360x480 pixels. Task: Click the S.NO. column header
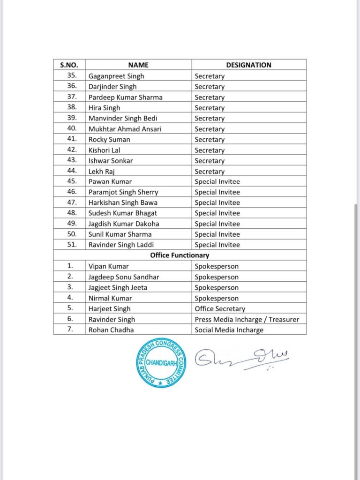click(69, 65)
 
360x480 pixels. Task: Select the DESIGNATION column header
click(248, 65)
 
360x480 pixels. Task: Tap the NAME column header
click(138, 65)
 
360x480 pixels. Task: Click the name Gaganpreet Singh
click(116, 76)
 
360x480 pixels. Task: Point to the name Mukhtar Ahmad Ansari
click(125, 129)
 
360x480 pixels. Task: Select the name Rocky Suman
click(109, 140)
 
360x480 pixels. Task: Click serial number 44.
click(69, 172)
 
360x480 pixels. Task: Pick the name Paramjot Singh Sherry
click(123, 192)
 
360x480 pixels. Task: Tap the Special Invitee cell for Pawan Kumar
click(217, 181)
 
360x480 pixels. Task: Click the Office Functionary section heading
click(180, 255)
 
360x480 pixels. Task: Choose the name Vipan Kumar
click(108, 266)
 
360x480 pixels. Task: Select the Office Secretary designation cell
click(220, 309)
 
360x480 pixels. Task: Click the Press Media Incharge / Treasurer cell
click(247, 319)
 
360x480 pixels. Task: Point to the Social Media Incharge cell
click(229, 330)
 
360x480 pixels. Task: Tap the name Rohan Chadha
click(111, 330)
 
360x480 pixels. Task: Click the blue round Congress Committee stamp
click(161, 362)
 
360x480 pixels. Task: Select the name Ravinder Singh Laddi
click(121, 245)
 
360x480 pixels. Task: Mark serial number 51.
click(69, 245)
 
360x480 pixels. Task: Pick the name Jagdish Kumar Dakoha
click(124, 224)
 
